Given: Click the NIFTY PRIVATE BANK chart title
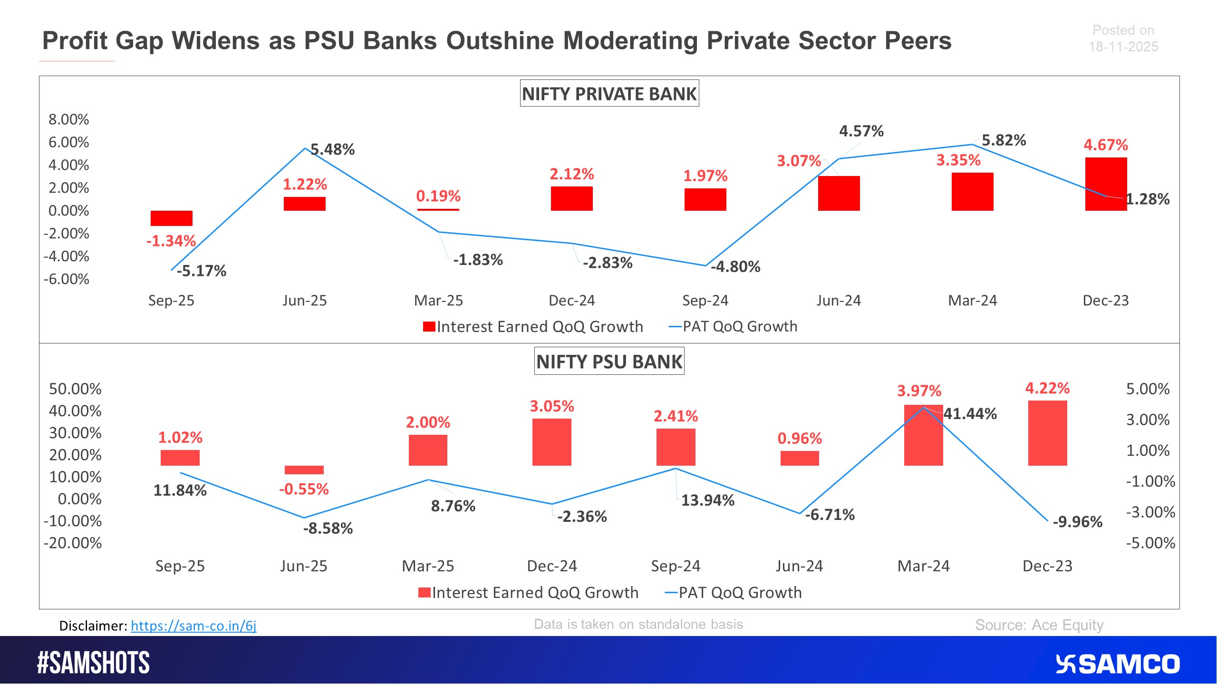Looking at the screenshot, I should coord(609,94).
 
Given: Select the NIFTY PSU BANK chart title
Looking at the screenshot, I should coord(609,362).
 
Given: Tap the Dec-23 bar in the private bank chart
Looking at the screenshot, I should coord(1105,184).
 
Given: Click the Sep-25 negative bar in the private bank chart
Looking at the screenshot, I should coord(171,218).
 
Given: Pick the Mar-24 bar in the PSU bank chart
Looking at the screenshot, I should coord(923,435).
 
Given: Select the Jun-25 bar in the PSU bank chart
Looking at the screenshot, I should coord(304,470).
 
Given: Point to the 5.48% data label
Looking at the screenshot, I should coord(333,149).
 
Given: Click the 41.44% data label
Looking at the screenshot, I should coord(970,413).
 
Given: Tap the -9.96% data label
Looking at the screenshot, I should coord(1077,522).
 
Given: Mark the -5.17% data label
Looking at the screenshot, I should coord(202,271).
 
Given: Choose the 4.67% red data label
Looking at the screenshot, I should coord(1105,145).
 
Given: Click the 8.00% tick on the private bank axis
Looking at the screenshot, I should coord(68,119).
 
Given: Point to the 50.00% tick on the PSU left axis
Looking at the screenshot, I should coord(75,389).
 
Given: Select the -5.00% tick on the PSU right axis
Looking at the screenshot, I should coord(1150,543).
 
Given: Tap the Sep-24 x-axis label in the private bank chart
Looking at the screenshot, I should coord(705,300).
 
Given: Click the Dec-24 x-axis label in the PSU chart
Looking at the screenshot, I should coord(551,566).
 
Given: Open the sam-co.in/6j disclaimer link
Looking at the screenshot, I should coord(193,625).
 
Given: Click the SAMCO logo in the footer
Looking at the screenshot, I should coord(1117,664).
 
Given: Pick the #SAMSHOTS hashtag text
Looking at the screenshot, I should coord(93,663).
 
